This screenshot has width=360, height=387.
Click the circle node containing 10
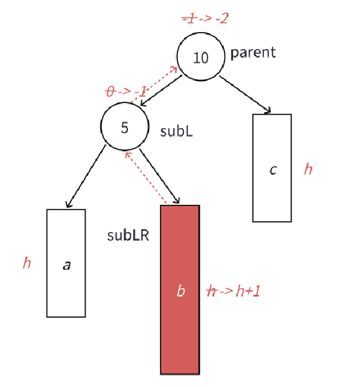[x=201, y=56]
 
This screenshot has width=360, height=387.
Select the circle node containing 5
[x=124, y=126]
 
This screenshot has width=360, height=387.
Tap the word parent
[x=253, y=52]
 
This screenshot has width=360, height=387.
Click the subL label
[x=176, y=130]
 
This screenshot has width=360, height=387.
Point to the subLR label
[x=128, y=235]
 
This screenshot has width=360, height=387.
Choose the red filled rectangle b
[x=180, y=326]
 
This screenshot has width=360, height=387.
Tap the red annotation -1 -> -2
[x=205, y=18]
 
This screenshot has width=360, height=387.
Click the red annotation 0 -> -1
[x=126, y=91]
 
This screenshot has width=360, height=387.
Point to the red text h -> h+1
[x=234, y=291]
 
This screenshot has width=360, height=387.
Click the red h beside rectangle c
[x=308, y=169]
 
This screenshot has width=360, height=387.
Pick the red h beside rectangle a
[x=27, y=263]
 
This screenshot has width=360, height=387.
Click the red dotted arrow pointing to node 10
[x=156, y=83]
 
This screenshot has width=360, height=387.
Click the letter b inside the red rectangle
[x=180, y=290]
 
